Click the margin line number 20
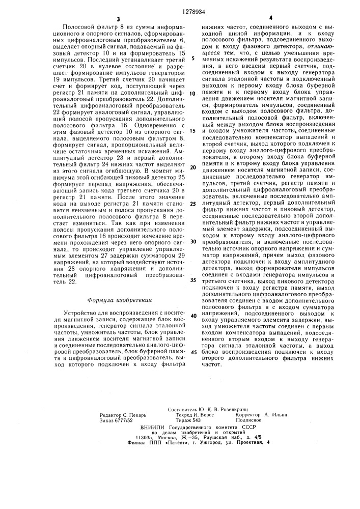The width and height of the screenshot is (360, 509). (x=193, y=167)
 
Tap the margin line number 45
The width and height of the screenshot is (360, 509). (x=193, y=352)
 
